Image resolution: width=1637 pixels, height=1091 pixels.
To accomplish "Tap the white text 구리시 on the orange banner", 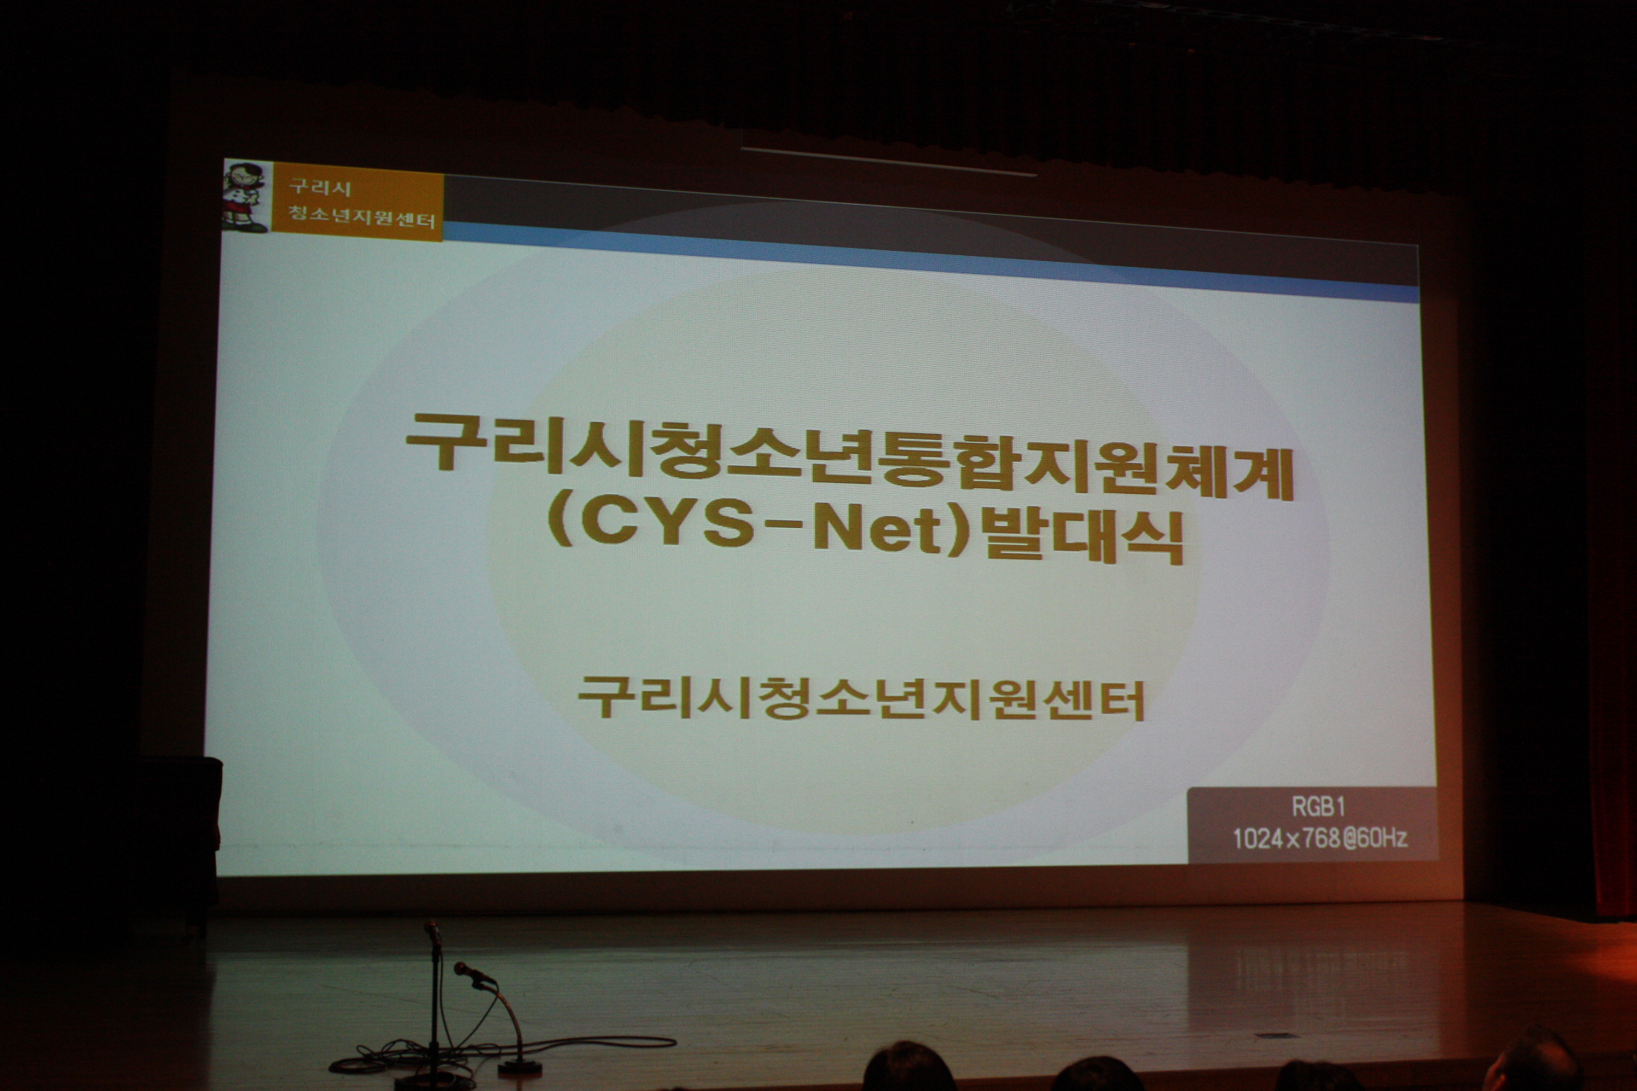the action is tap(319, 188).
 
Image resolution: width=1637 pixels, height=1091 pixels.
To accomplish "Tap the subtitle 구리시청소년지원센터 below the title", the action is tap(861, 697).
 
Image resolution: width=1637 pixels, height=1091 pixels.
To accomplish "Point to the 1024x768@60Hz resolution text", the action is tap(1320, 839).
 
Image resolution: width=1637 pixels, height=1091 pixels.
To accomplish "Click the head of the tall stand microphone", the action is tap(432, 931).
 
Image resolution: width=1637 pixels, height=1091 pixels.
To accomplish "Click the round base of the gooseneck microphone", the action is tap(520, 1066).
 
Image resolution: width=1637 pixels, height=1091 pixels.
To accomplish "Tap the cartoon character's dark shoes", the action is tap(250, 226).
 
